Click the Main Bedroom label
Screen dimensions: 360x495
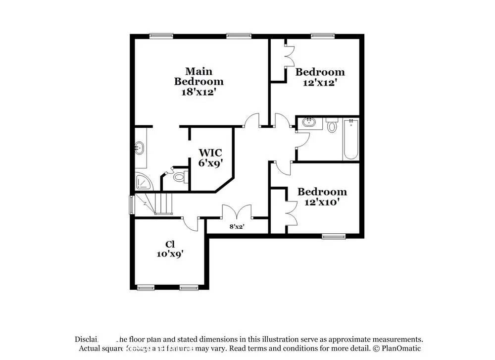[x=198, y=76]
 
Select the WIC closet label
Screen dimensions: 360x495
[x=210, y=152]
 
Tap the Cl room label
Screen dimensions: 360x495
[x=170, y=244]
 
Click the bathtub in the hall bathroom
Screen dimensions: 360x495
[x=351, y=140]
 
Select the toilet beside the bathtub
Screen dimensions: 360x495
[x=332, y=125]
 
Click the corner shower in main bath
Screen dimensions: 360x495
[x=144, y=182]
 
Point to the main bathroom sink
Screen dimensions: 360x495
[x=140, y=147]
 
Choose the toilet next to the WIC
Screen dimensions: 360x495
[x=179, y=176]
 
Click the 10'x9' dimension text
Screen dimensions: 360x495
[x=170, y=254]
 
